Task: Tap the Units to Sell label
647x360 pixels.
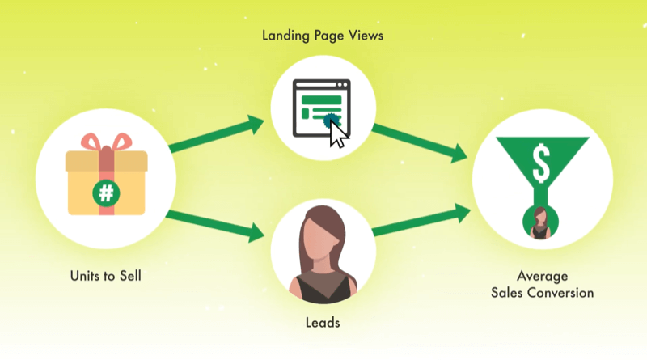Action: pos(106,275)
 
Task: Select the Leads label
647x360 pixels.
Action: pos(323,322)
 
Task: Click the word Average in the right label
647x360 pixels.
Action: pos(542,277)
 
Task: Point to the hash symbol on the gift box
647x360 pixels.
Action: pos(106,193)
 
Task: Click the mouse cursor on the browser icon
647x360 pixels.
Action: pos(337,135)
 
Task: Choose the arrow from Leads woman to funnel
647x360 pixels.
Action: pos(421,222)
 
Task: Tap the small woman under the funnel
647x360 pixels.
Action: pos(540,222)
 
